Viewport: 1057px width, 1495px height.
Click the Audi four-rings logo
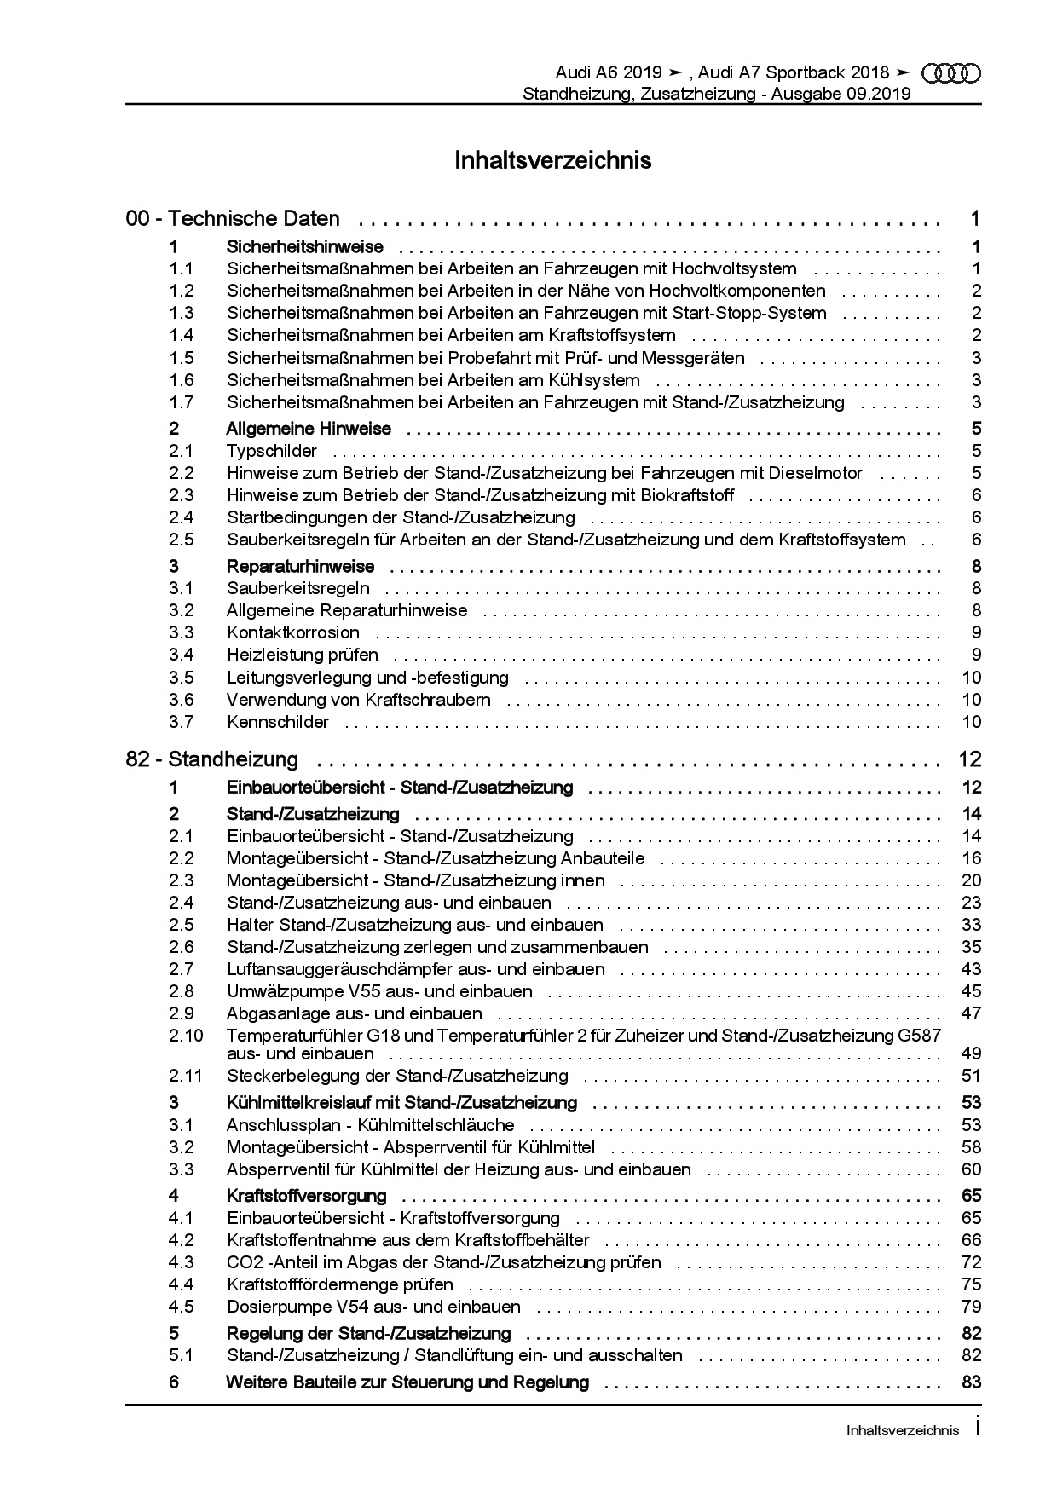click(952, 74)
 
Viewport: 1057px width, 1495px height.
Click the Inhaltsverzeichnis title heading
click(552, 160)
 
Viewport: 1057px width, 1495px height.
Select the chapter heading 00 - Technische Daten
click(233, 219)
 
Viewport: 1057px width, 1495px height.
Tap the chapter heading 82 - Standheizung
click(212, 759)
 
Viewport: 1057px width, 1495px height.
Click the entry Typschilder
click(272, 451)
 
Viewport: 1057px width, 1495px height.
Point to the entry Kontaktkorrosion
click(293, 632)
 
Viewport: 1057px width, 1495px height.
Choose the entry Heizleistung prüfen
click(303, 655)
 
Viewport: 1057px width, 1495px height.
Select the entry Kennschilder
click(278, 722)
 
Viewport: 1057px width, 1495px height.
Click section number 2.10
click(186, 1036)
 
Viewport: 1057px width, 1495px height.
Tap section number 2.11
click(186, 1076)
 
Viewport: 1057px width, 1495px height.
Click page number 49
click(971, 1054)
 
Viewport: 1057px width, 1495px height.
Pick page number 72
click(971, 1262)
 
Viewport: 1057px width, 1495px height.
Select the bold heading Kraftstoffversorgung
click(307, 1196)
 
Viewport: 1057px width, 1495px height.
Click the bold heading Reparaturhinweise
click(301, 567)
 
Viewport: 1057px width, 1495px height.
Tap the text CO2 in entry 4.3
click(241, 1262)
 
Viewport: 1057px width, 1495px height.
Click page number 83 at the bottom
click(971, 1382)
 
